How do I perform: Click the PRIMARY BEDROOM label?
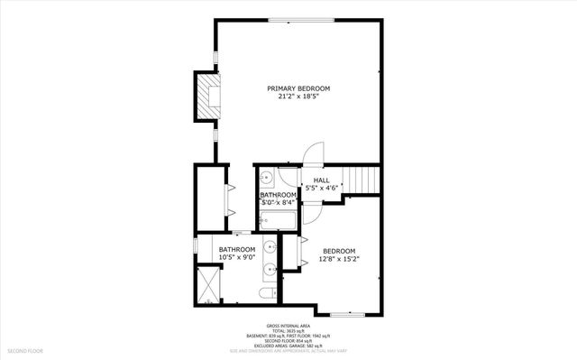pos(298,88)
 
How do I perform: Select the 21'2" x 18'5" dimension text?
pos(298,97)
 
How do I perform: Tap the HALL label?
pos(321,180)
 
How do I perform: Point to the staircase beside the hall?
pos(364,180)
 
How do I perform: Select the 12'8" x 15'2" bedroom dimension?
pos(339,259)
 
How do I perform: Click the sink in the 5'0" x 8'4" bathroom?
pos(268,179)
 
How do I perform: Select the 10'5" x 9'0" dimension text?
pos(236,257)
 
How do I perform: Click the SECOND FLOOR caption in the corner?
pos(26,349)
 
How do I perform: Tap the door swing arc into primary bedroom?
pos(312,154)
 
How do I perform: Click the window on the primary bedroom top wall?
pos(300,19)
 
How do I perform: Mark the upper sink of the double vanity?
pos(270,245)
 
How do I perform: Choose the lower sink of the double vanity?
pos(270,269)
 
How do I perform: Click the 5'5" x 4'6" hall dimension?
pos(321,189)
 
